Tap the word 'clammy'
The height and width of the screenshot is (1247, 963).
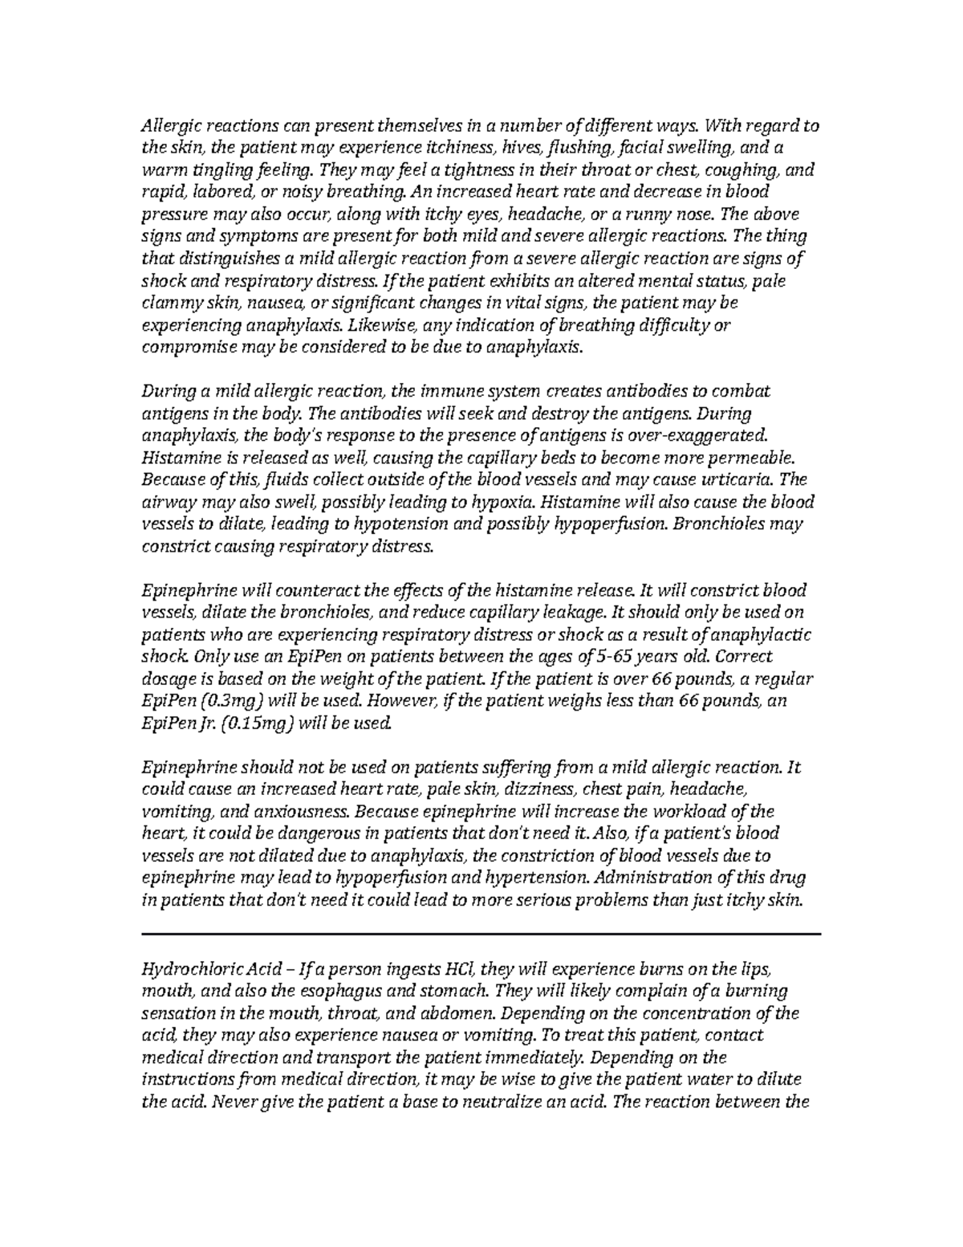click(x=168, y=304)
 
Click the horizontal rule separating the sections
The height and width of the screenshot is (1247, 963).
click(x=481, y=934)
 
